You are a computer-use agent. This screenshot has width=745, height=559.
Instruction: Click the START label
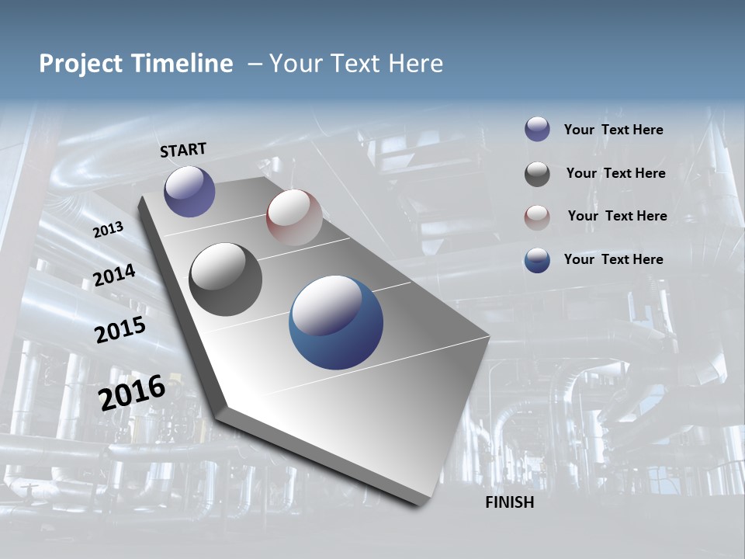click(x=183, y=150)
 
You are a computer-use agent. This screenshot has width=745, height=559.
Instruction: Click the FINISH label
click(x=509, y=502)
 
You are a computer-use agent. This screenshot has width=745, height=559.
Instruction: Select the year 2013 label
click(x=108, y=230)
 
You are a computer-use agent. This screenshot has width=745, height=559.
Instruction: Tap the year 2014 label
click(x=114, y=275)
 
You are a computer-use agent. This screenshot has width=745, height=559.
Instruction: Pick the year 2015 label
click(x=120, y=330)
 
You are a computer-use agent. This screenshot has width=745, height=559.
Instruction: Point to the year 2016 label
click(x=132, y=393)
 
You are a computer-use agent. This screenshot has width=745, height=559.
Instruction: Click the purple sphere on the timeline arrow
click(x=189, y=191)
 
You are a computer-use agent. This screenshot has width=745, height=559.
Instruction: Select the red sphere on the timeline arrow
click(x=294, y=217)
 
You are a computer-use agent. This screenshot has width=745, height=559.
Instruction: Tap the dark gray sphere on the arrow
click(x=225, y=279)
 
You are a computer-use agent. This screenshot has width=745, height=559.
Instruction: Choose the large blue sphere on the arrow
click(x=336, y=322)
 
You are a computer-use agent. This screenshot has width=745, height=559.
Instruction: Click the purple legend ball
click(x=537, y=129)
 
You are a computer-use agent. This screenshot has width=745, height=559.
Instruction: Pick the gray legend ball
click(x=537, y=174)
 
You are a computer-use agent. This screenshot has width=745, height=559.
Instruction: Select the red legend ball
click(x=537, y=217)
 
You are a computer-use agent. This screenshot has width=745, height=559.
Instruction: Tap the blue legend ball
click(x=537, y=260)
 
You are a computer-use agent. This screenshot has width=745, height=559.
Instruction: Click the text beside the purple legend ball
click(x=613, y=130)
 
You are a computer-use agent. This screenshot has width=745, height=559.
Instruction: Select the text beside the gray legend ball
click(x=615, y=173)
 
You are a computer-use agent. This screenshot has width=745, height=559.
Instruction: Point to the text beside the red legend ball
click(x=617, y=216)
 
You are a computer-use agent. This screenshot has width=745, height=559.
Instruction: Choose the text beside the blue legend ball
click(x=613, y=259)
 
